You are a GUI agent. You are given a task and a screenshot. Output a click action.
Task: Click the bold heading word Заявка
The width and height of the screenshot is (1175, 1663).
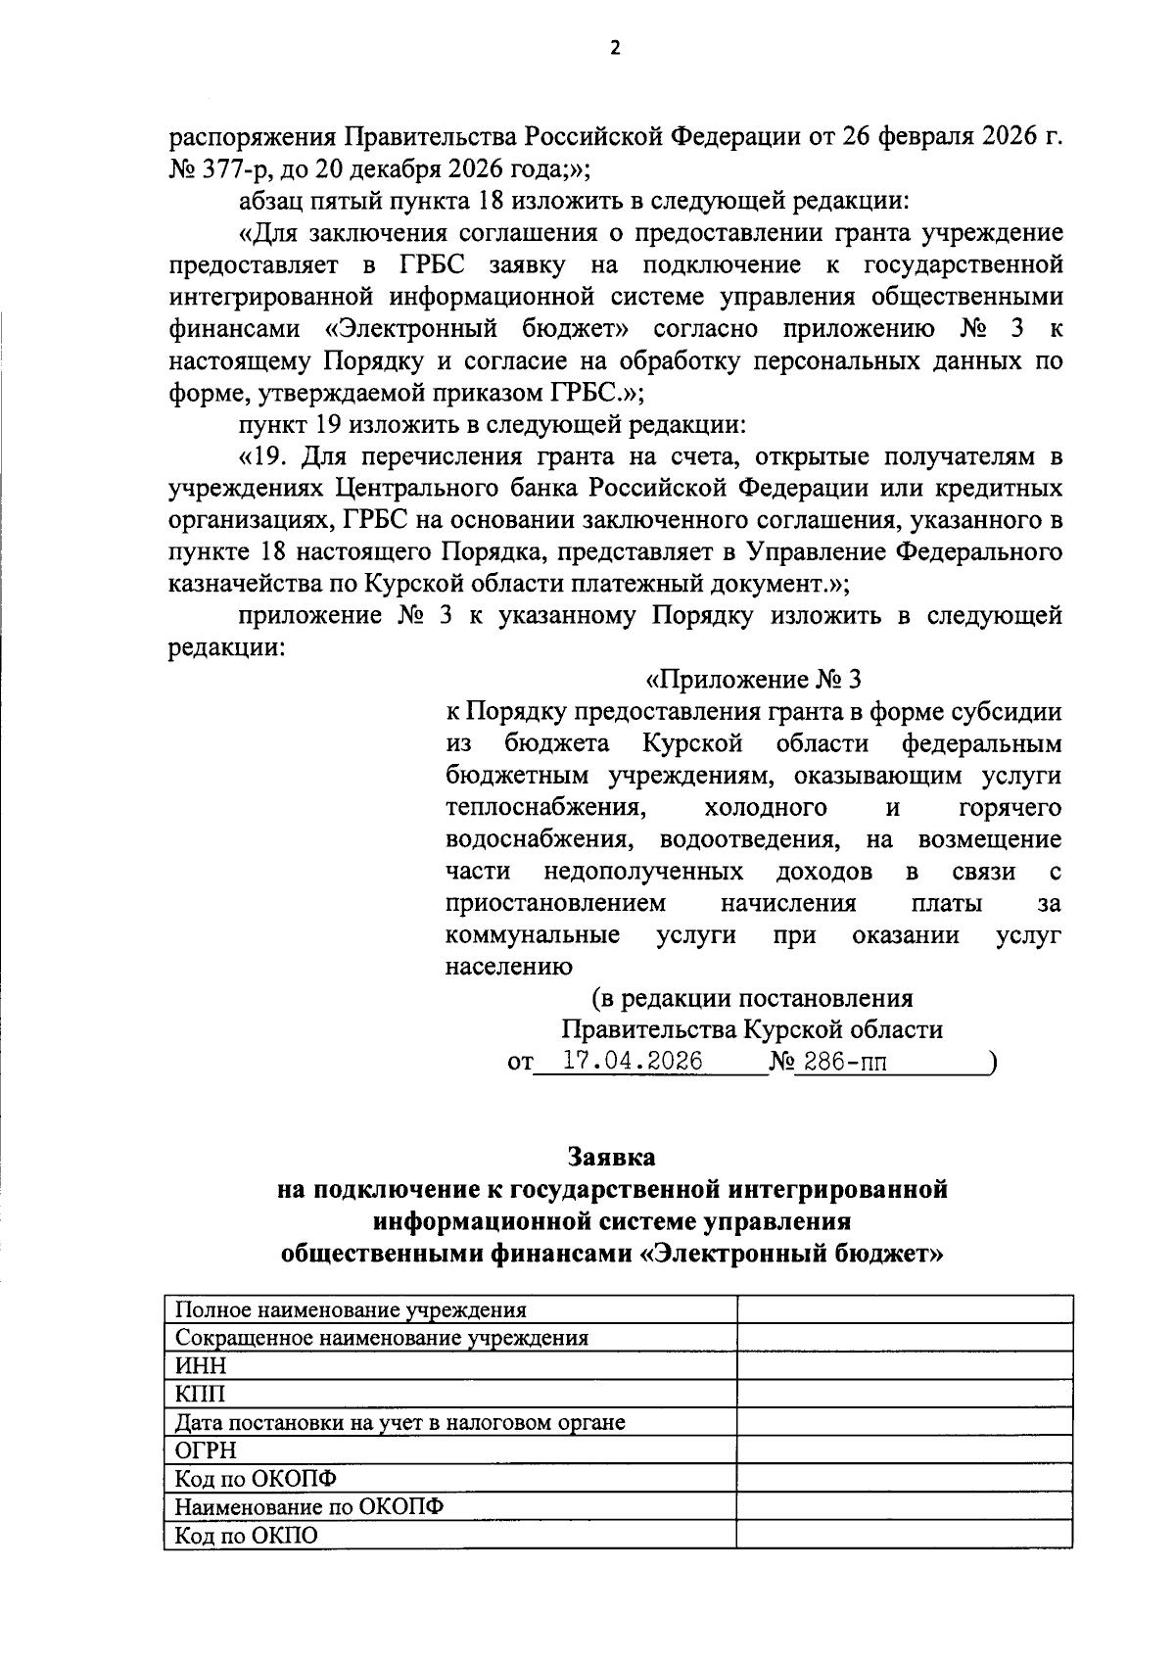pyautogui.click(x=613, y=1158)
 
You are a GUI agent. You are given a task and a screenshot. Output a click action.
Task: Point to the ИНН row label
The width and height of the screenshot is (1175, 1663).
pyautogui.click(x=199, y=1365)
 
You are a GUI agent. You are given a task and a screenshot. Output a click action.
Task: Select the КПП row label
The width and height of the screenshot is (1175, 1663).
pyautogui.click(x=199, y=1394)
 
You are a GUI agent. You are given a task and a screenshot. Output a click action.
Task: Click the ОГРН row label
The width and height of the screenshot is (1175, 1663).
pyautogui.click(x=205, y=1449)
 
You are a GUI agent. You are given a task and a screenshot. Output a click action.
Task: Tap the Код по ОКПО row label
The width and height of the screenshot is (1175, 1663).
pyautogui.click(x=246, y=1536)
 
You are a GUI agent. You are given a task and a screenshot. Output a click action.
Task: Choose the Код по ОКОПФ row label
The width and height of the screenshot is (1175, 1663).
pyautogui.click(x=255, y=1478)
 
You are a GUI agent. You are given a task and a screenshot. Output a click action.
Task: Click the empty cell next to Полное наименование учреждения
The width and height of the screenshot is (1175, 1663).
pyautogui.click(x=904, y=1309)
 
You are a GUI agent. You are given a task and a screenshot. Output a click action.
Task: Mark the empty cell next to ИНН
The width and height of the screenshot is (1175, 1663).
pyautogui.click(x=904, y=1365)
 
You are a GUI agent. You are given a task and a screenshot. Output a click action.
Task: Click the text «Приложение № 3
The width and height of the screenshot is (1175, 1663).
pyautogui.click(x=753, y=680)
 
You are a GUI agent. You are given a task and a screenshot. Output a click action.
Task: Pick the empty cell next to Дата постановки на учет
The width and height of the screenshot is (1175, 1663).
pyautogui.click(x=904, y=1422)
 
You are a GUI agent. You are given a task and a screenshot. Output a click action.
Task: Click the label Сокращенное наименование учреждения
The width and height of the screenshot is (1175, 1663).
pyautogui.click(x=381, y=1338)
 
